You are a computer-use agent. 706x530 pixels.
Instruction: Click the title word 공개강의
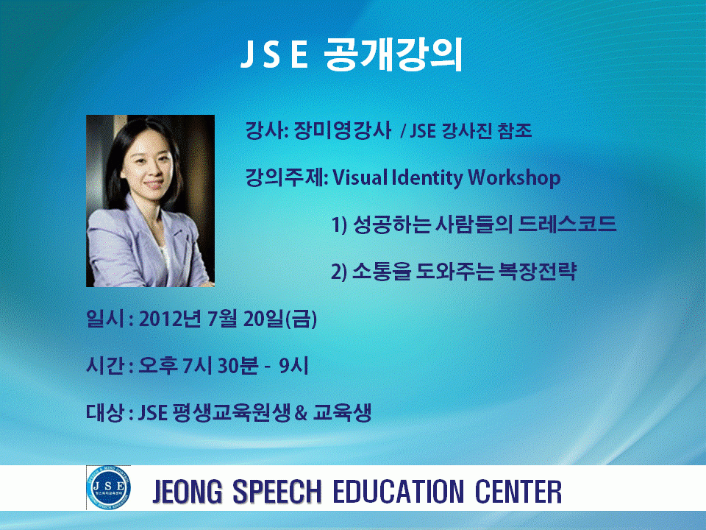393,55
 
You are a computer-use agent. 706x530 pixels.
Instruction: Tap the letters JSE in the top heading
274,55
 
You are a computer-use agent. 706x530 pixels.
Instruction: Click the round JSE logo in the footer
109,487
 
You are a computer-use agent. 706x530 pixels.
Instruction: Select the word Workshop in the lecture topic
514,177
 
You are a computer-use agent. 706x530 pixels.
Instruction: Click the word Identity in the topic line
427,177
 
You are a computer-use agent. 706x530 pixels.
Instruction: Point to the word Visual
360,177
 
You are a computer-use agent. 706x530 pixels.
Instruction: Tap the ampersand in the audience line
301,413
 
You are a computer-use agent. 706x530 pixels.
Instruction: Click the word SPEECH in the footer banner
277,491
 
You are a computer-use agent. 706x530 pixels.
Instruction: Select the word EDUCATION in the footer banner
399,491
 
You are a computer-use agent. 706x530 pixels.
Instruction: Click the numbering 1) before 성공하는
340,225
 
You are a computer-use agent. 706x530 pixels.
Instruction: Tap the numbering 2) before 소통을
339,272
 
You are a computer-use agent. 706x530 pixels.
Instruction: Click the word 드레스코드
567,224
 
